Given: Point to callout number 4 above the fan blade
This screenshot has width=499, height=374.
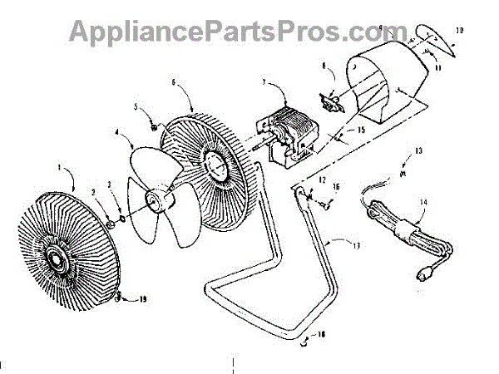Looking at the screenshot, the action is click(117, 131).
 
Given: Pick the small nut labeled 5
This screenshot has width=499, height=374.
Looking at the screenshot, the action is click(154, 126).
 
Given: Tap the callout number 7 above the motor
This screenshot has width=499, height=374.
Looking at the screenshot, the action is click(263, 83).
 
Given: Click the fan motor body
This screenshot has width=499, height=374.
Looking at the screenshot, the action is click(287, 133).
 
